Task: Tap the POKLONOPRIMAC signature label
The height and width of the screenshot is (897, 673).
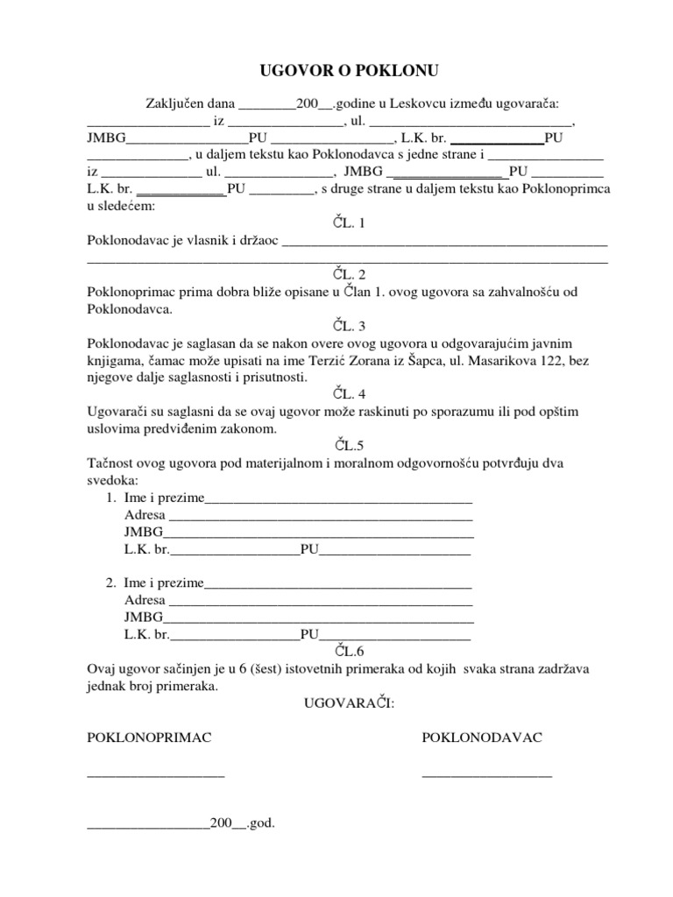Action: click(x=149, y=738)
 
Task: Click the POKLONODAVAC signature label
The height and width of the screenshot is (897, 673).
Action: click(x=482, y=738)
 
